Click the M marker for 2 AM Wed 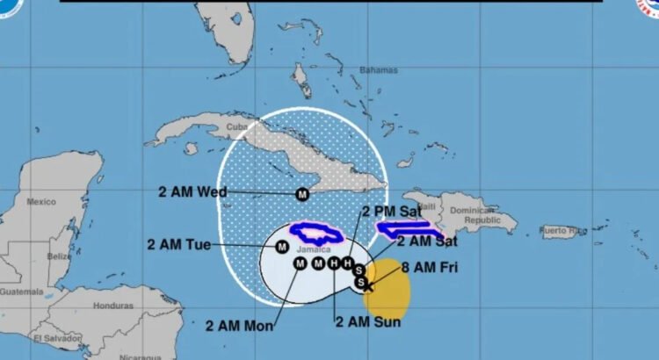click(302, 194)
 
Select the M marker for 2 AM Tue click(282, 247)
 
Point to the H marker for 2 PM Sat click(348, 263)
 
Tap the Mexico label click(40, 201)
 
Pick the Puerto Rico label click(563, 231)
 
